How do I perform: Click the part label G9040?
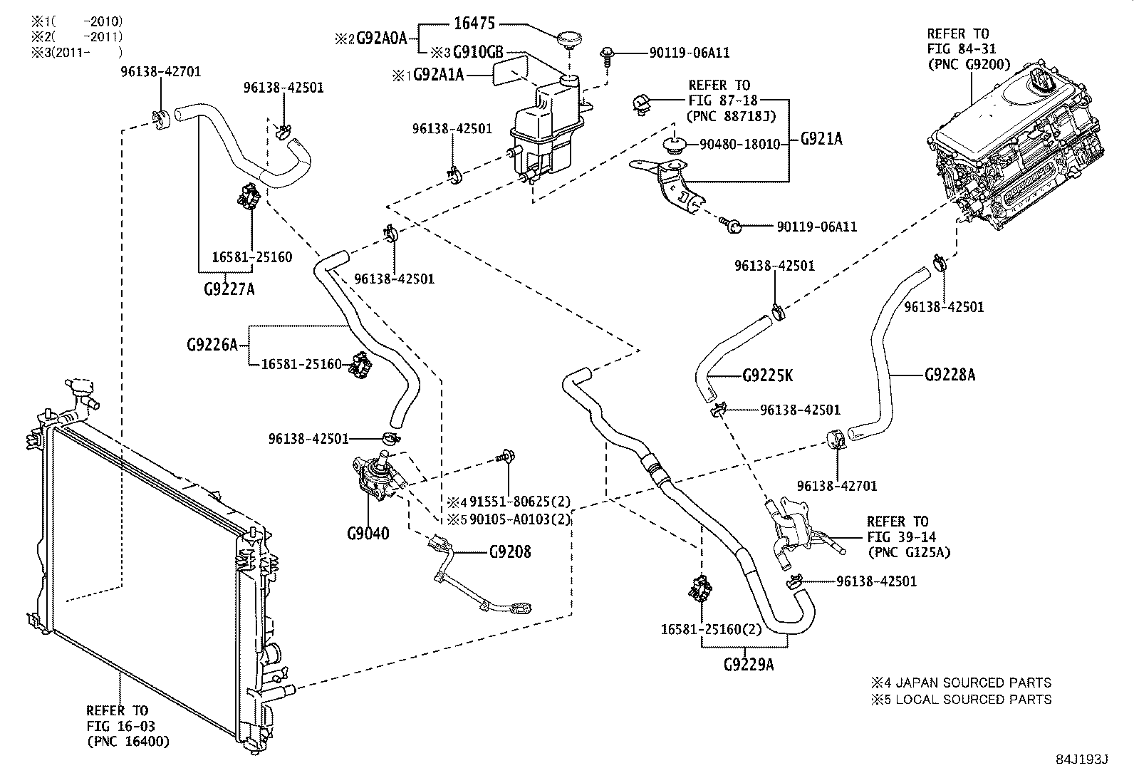pos(368,534)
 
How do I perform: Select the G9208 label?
pos(510,552)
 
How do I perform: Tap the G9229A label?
pos(749,665)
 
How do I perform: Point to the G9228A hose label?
pos(950,374)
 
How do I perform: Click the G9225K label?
pos(767,375)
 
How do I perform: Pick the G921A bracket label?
pos(821,140)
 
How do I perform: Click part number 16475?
pos(475,23)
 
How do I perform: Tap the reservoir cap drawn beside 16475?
pos(568,39)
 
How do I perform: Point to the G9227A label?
pos(228,289)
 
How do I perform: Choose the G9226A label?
pos(212,345)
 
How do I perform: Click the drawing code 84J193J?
pos(1083,759)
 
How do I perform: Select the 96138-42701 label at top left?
pos(160,71)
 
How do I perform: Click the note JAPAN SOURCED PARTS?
pos(973,683)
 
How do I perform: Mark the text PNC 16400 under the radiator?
pos(129,742)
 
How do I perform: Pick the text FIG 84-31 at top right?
pos(961,48)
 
